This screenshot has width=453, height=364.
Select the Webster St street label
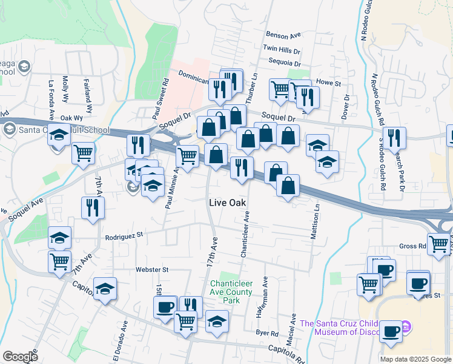(x=151, y=269)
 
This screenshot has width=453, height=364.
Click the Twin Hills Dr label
(x=282, y=49)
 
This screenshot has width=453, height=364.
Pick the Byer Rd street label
(x=266, y=333)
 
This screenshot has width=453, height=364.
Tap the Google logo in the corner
(x=20, y=357)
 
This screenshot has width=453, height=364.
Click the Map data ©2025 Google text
(x=415, y=359)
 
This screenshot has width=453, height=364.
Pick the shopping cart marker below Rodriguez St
(x=59, y=261)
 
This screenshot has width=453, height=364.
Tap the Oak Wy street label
(x=71, y=118)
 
